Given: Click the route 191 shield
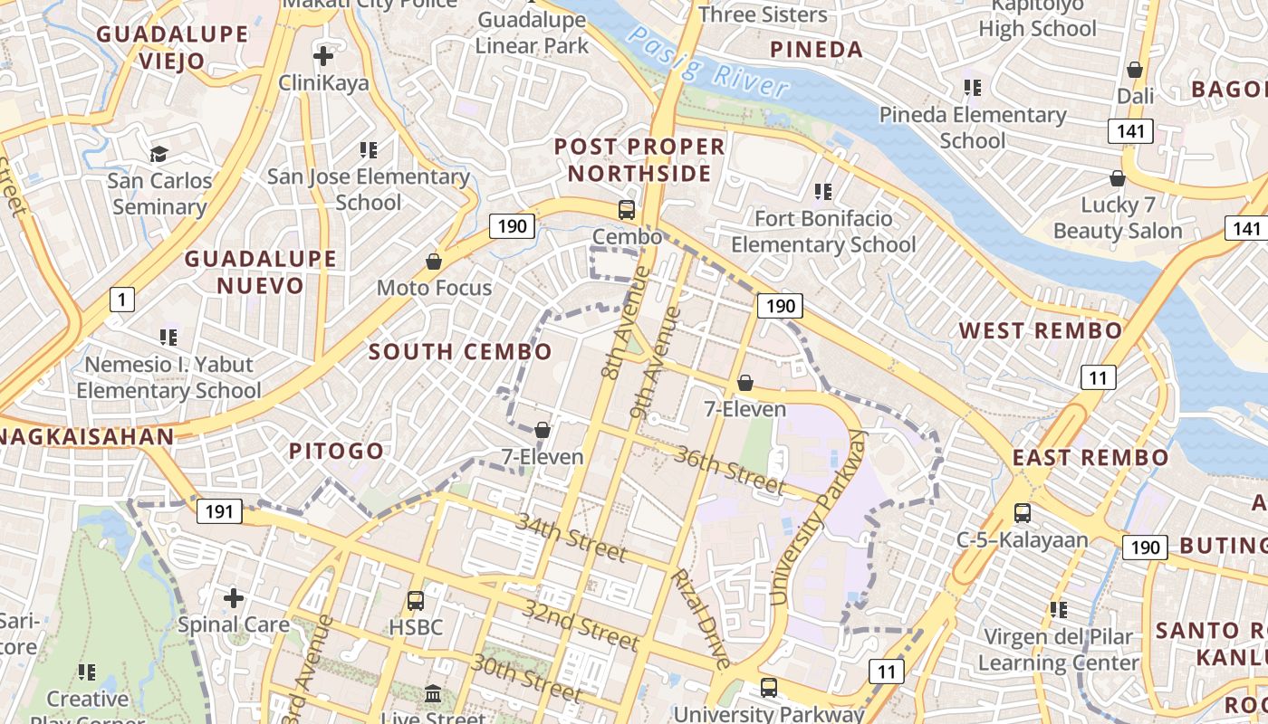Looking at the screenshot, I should tap(218, 511).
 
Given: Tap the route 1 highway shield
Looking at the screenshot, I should tap(121, 299).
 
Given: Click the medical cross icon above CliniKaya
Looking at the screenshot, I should tap(323, 57).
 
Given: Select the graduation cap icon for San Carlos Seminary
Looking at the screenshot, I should tap(159, 154).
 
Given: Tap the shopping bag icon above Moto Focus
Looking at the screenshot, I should tap(434, 262).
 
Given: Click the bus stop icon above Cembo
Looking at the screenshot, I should tap(626, 210).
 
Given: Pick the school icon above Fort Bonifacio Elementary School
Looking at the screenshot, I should tap(822, 192).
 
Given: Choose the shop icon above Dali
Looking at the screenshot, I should tap(1134, 70).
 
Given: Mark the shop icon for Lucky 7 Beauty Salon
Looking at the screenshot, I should tap(1118, 178).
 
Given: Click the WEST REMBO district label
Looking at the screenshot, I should tap(1041, 330).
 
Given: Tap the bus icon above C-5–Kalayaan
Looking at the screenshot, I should tap(1022, 513).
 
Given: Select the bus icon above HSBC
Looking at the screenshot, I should tap(415, 600).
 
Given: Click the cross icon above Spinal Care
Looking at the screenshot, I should tap(234, 597).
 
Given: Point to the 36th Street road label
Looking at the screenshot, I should tap(729, 469).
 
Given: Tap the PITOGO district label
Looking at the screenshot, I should tap(336, 451).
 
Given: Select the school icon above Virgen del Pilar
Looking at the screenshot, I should tap(1058, 610).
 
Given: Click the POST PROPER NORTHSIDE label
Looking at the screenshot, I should tap(639, 159).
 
